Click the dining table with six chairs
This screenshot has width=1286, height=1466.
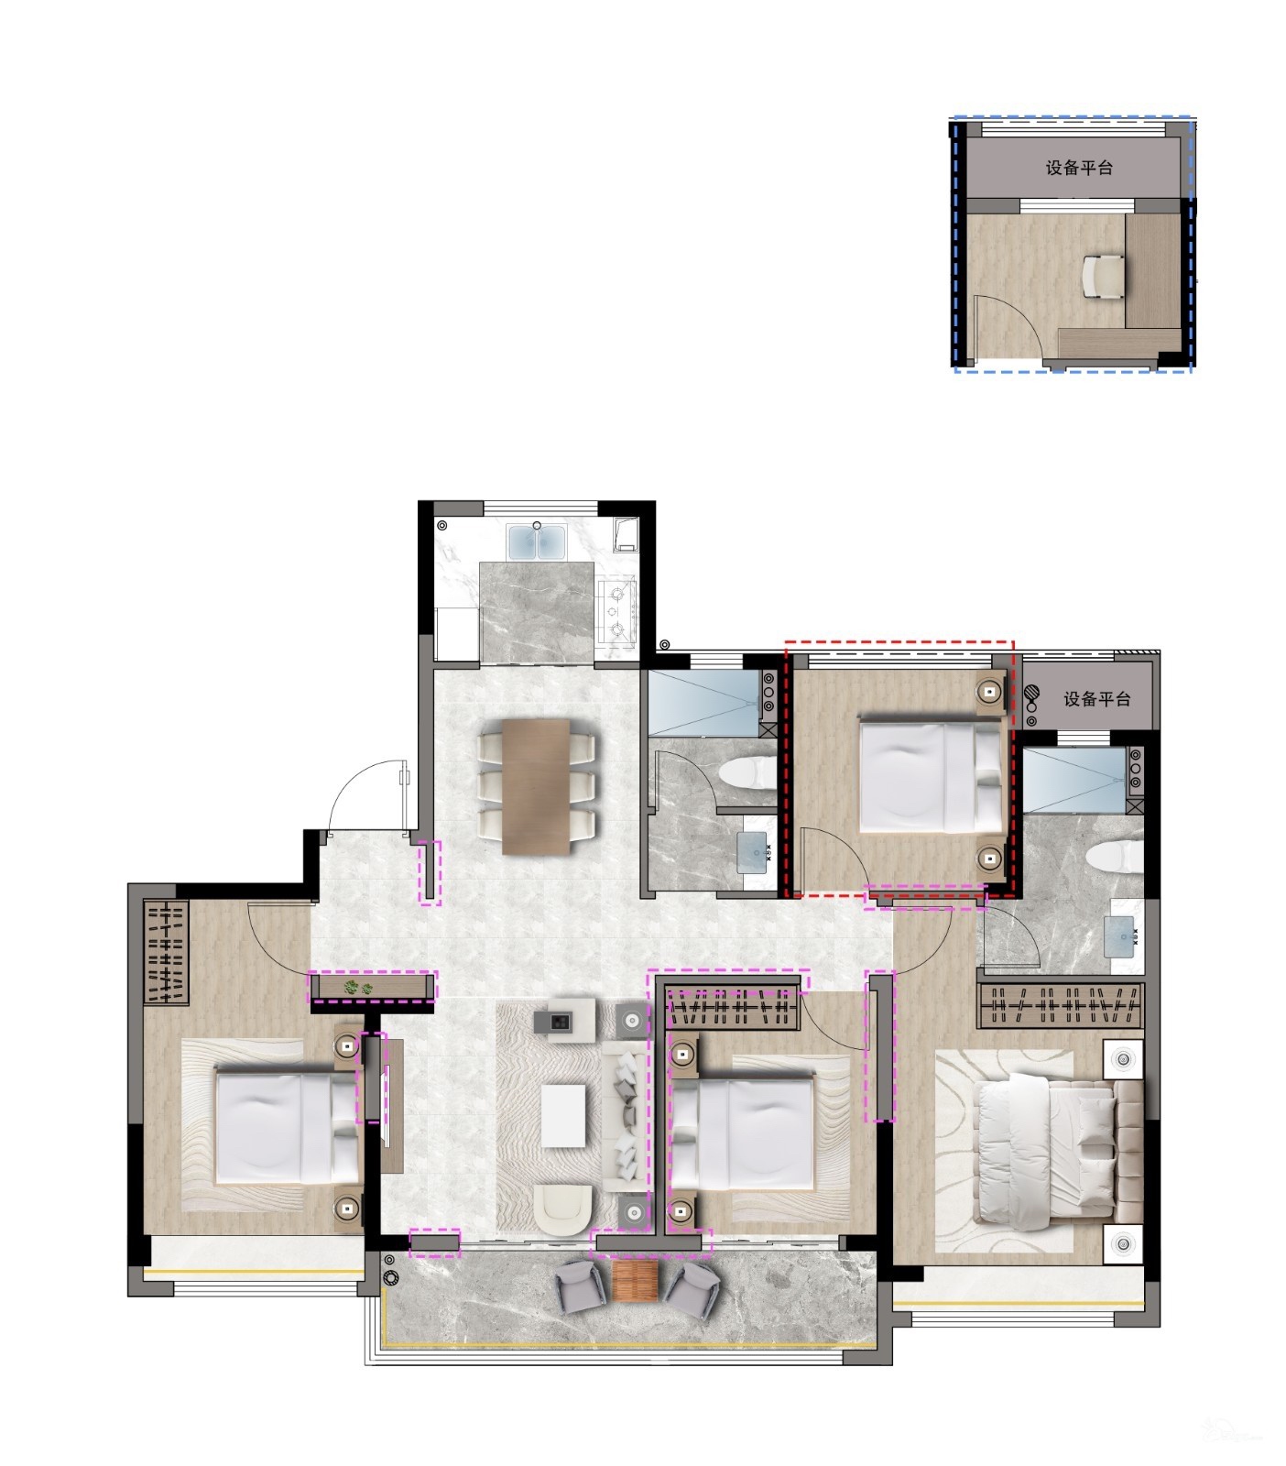pyautogui.click(x=536, y=786)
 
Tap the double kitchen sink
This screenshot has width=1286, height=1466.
pyautogui.click(x=538, y=542)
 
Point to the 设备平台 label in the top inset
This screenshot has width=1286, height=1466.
pyautogui.click(x=1079, y=169)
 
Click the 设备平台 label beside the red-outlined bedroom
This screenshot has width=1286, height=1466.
pyautogui.click(x=1096, y=699)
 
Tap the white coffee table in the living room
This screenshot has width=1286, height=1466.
pyautogui.click(x=563, y=1115)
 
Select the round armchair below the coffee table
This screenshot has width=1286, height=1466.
pyautogui.click(x=562, y=1209)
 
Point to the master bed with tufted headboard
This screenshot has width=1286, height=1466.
pyautogui.click(x=1058, y=1153)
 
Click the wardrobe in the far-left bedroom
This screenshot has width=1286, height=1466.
pyautogui.click(x=166, y=953)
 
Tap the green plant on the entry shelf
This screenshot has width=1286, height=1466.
pyautogui.click(x=358, y=987)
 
